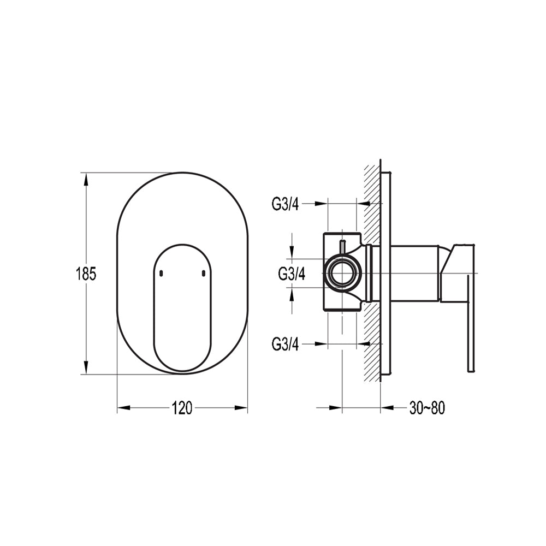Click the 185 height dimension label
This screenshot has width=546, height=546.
pos(86,274)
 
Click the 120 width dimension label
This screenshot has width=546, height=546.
pos(182,408)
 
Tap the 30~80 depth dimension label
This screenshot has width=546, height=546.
pos(427,408)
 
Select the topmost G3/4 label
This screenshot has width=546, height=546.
pos(285,204)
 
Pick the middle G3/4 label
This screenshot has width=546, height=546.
pos(292,274)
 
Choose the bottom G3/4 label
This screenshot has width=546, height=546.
pos(285,345)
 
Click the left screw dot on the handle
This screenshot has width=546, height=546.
pos(161,274)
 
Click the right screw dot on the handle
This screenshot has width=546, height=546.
pos(204,274)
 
